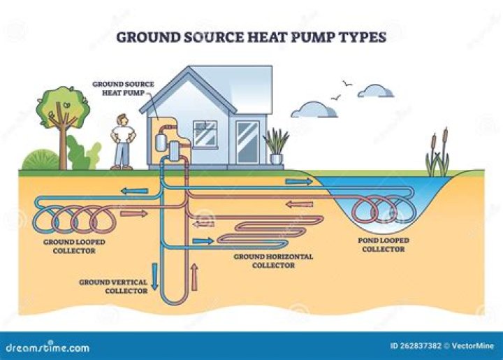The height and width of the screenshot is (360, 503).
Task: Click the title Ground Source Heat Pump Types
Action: (251, 36)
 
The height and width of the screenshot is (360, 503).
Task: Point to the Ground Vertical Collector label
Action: (112, 286)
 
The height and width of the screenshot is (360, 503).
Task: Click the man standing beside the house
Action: (122, 142)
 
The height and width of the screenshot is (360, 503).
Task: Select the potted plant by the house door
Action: (277, 147)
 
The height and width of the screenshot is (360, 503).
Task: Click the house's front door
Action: (247, 143)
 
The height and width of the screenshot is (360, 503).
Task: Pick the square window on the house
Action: (205, 133)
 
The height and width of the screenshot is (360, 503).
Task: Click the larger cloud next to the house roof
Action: (314, 110)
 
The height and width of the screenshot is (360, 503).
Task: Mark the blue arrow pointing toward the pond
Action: (298, 182)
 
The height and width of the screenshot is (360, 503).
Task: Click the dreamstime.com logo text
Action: (48, 347)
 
